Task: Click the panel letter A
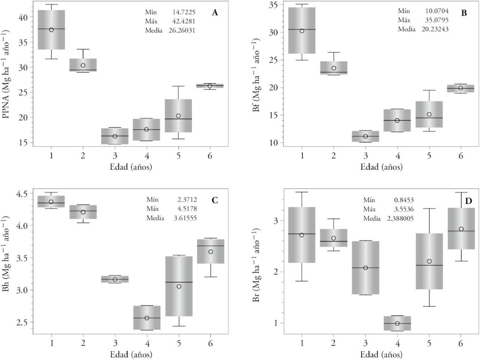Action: click(x=215, y=13)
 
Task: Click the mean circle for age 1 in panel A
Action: click(x=51, y=30)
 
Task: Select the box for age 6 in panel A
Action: click(x=210, y=86)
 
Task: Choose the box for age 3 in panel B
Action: click(x=365, y=136)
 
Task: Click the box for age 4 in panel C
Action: click(x=147, y=317)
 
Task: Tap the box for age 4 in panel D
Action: click(x=397, y=323)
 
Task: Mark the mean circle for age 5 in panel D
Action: click(x=429, y=261)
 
